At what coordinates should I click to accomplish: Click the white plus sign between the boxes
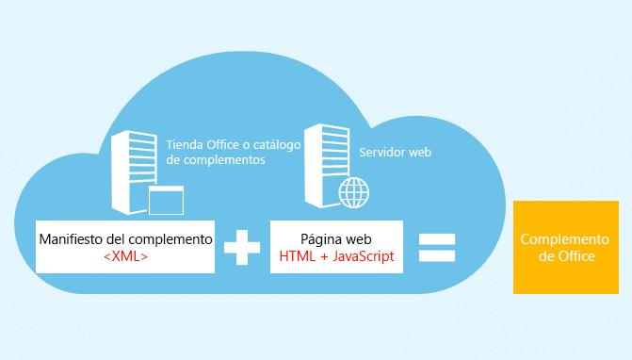(x=242, y=248)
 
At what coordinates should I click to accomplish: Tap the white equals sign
(x=437, y=248)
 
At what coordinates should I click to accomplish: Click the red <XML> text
(x=125, y=255)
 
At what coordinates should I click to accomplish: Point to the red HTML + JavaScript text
(x=337, y=255)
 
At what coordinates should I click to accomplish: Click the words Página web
(x=337, y=239)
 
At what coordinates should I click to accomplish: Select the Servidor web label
(x=395, y=151)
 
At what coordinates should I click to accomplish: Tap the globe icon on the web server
(x=354, y=194)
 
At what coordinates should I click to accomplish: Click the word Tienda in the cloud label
(x=183, y=145)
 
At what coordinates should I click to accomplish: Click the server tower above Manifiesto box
(x=130, y=170)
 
